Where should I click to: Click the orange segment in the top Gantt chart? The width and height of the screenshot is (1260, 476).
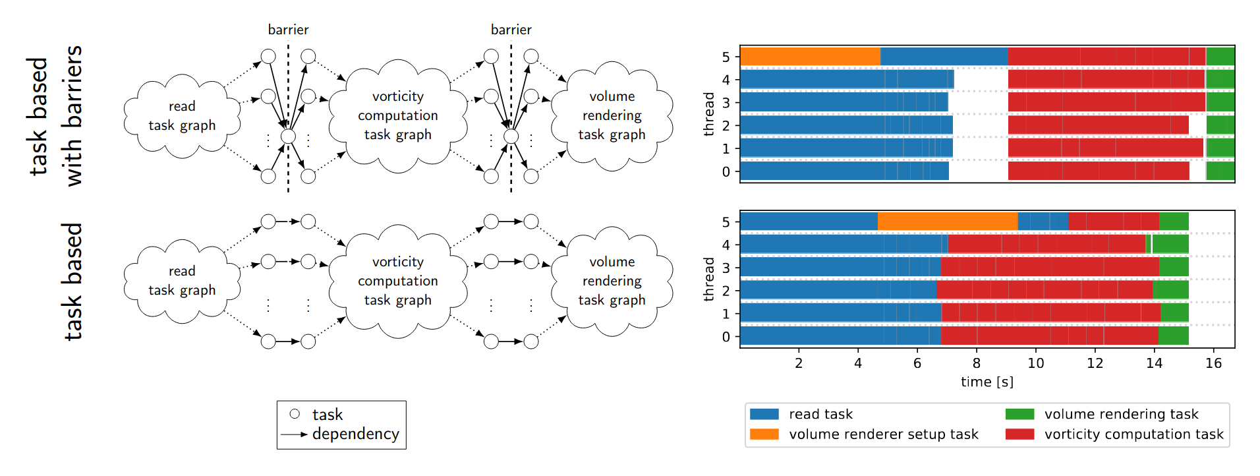pos(811,57)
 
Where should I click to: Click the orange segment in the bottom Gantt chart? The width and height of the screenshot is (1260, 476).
pos(948,222)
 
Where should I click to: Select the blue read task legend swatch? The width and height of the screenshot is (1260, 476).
pos(764,414)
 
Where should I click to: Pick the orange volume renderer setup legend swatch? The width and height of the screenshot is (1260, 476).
pos(764,434)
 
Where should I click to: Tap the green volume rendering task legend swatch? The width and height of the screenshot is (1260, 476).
pos(1019,414)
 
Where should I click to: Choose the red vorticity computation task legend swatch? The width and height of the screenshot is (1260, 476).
pos(1019,434)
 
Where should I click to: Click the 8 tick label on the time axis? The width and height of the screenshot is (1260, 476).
pos(977,363)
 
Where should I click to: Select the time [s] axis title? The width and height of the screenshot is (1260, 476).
pos(987,382)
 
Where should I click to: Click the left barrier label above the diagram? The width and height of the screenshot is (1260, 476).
pos(288,30)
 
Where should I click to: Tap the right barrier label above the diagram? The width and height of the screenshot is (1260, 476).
pos(511,30)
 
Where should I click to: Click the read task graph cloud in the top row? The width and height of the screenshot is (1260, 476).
pos(182,116)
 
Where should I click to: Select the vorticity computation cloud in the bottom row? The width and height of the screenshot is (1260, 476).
pos(398,282)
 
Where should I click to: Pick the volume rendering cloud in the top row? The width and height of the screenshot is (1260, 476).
pos(612,116)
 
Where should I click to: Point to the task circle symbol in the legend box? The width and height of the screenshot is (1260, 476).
pos(295,414)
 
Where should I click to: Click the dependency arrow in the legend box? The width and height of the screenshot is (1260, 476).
pos(294,434)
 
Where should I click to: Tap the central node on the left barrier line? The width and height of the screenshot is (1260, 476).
pos(288,136)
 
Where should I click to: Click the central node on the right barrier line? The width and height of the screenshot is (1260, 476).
pos(511,136)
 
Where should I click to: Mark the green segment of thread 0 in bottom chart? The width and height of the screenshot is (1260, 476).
pos(1174,336)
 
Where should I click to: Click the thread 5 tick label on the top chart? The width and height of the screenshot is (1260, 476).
pos(726,57)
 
